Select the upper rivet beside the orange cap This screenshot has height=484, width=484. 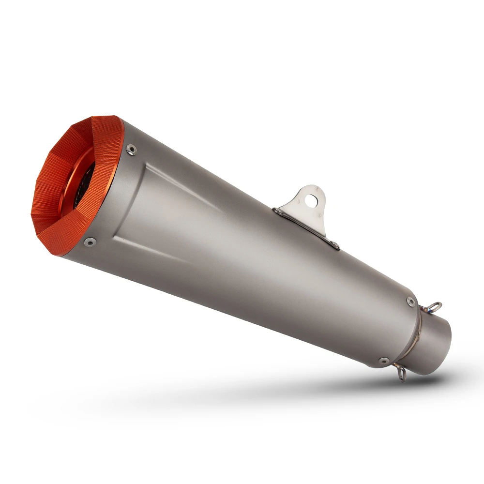tap(131, 150)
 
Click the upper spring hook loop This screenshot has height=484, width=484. tap(436, 306)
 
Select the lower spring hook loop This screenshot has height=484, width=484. tap(401, 372)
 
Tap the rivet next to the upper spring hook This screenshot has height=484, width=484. tap(411, 301)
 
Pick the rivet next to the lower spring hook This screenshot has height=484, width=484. tap(384, 361)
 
